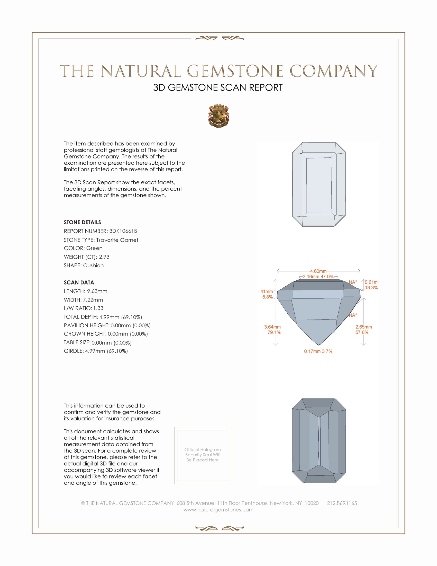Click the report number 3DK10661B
(x=123, y=231)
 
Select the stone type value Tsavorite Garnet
(x=117, y=240)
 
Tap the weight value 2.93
(x=104, y=257)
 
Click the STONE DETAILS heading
(x=82, y=222)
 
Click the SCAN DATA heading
(x=79, y=282)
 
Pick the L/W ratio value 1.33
(x=98, y=308)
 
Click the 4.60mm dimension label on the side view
(x=318, y=271)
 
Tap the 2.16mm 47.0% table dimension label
(x=318, y=277)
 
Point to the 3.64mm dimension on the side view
(x=272, y=327)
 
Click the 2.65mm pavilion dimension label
(x=363, y=327)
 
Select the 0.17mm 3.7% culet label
(x=318, y=351)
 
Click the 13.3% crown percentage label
(x=371, y=288)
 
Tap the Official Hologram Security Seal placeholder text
(x=203, y=455)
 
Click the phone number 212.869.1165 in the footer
(x=342, y=503)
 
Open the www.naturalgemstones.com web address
(x=219, y=509)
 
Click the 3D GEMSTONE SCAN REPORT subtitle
(x=218, y=87)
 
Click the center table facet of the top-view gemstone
(x=319, y=185)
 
